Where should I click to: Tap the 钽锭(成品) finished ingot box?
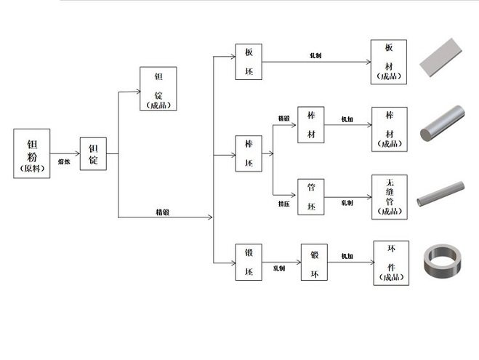158,89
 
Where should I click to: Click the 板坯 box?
249,62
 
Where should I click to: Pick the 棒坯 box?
249,153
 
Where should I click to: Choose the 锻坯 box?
249,262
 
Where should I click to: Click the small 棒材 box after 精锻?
311,126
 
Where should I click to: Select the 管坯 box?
311,197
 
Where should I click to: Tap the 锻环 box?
315,262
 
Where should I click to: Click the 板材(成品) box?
389,62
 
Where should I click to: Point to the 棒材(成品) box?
389,129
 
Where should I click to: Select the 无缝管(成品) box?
389,197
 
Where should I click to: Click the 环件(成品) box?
390,262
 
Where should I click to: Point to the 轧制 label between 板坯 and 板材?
316,55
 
